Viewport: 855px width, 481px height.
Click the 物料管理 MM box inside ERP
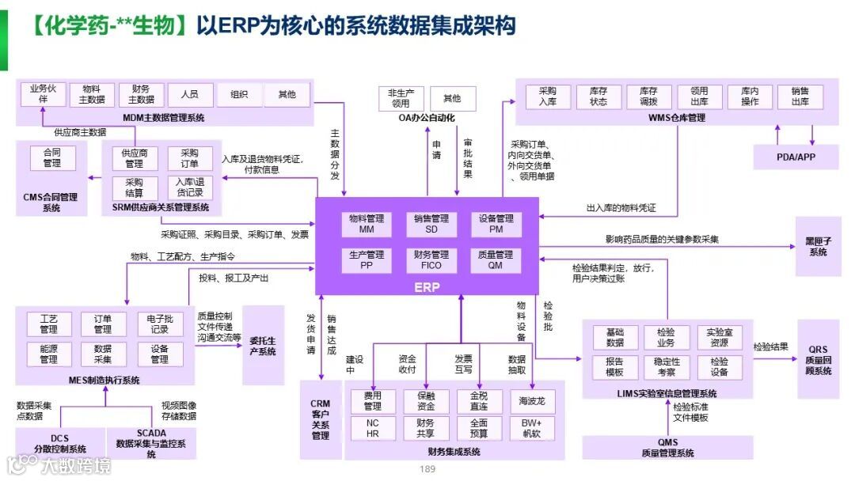366,224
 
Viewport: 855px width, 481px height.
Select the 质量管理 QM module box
495,260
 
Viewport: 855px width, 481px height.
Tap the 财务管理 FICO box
431,260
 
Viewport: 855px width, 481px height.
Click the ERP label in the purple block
427,287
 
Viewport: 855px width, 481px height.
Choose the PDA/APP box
796,157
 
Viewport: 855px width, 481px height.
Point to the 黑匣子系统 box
817,247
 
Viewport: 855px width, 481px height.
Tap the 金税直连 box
478,401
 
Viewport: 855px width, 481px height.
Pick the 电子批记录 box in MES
159,324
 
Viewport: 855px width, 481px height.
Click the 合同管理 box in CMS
51,158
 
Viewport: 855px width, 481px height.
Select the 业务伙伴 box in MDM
44,94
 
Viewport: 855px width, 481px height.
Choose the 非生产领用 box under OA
401,98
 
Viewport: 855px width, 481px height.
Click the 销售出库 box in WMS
800,97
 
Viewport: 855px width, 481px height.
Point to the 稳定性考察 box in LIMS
666,366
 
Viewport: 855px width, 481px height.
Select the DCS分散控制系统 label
60,443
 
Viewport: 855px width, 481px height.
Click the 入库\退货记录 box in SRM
190,187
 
